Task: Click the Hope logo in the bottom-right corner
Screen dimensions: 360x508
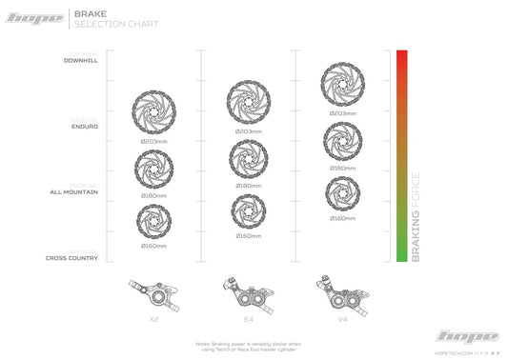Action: point(466,336)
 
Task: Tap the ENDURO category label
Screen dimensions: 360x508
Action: point(85,126)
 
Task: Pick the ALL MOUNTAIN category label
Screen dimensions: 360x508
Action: point(72,191)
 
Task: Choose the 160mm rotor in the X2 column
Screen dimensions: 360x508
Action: point(153,223)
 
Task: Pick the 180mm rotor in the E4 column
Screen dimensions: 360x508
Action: point(247,157)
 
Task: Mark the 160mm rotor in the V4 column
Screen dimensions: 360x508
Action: point(342,194)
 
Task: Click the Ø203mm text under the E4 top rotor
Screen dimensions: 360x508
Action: point(247,130)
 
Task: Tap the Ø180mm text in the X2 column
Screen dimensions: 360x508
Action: point(153,195)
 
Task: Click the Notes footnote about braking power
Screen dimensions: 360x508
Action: point(247,345)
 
